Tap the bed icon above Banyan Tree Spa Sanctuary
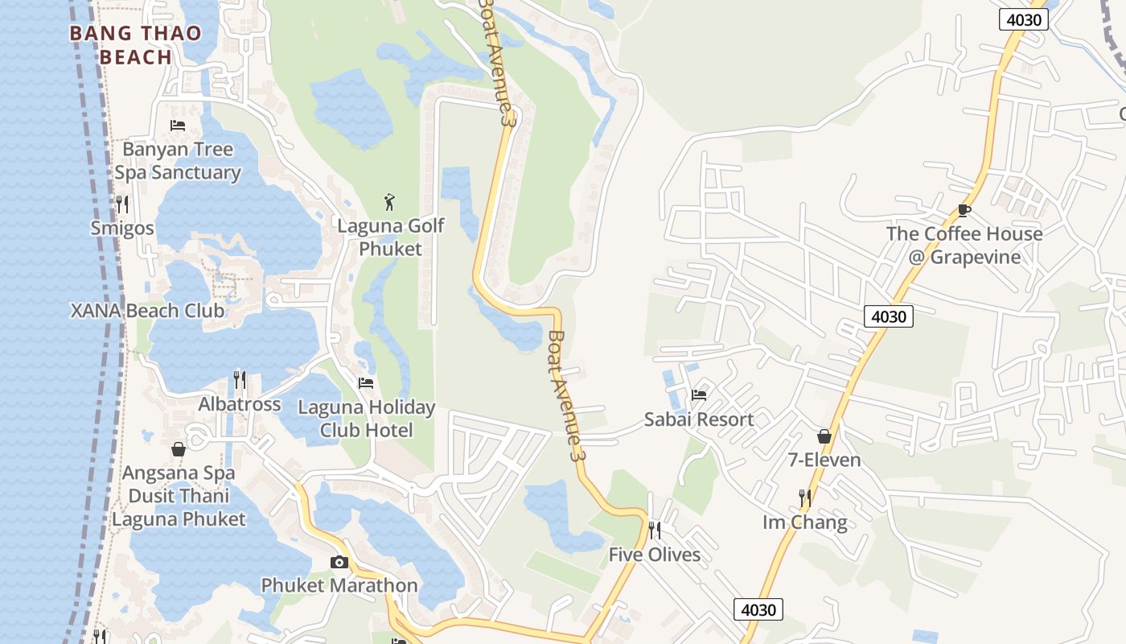tap(178, 125)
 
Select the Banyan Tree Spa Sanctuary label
tap(178, 161)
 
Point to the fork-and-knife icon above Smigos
tap(122, 204)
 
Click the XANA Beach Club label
tap(148, 311)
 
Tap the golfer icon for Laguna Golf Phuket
tap(390, 201)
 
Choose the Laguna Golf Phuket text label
tap(390, 237)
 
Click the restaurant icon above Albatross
tap(240, 379)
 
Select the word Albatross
tap(240, 404)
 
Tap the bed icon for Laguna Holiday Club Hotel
tap(366, 382)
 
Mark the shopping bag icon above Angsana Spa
tap(179, 448)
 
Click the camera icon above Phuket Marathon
tap(339, 562)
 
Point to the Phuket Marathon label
tap(339, 585)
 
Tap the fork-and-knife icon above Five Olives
tap(655, 530)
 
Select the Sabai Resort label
tap(699, 419)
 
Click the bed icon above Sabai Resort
tap(699, 394)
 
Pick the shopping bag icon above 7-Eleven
tap(824, 436)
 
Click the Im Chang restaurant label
tap(804, 522)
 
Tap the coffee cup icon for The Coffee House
tap(964, 210)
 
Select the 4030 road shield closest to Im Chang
tap(758, 609)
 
